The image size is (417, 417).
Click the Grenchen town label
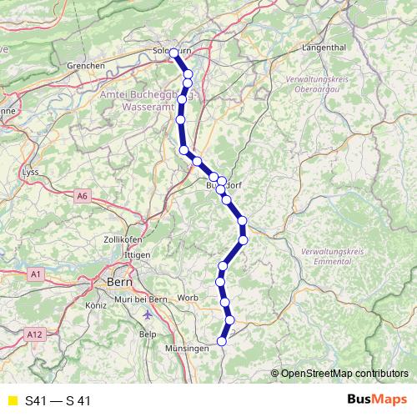[86, 65]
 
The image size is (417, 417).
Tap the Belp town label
[148, 334]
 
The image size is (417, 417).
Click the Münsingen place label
[186, 348]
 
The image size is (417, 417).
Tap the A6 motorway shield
[82, 196]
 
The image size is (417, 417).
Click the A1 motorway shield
[35, 273]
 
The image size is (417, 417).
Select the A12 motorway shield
[34, 334]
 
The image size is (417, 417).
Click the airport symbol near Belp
[148, 315]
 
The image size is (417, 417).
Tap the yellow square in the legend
[11, 400]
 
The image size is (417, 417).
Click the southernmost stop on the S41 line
[222, 340]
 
